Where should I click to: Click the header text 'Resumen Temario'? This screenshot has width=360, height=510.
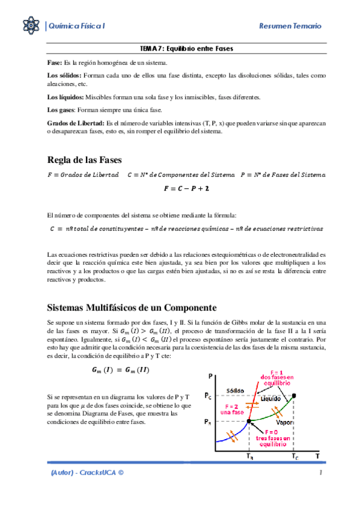(x=290, y=26)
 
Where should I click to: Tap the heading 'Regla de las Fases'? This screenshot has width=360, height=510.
(x=84, y=160)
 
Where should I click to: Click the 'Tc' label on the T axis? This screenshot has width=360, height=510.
(x=294, y=458)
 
